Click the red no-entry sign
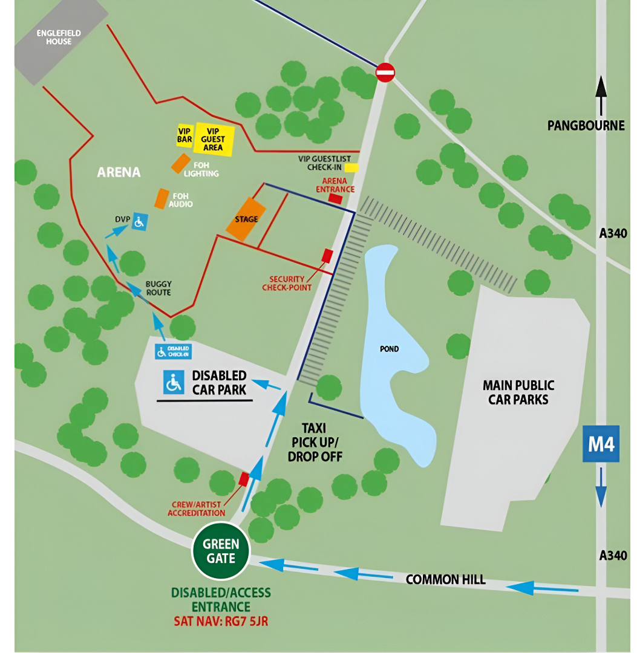[x=385, y=73]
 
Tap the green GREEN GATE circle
[x=221, y=551]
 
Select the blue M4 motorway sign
[x=601, y=444]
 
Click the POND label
[x=390, y=349]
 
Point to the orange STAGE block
[x=246, y=219]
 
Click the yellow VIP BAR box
[x=185, y=135]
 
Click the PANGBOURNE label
[x=586, y=126]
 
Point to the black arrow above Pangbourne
[x=600, y=95]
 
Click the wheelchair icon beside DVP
[x=139, y=222]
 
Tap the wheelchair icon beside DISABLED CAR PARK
[x=174, y=382]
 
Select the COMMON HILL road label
[x=445, y=579]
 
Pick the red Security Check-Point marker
[x=327, y=255]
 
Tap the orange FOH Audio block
[x=162, y=199]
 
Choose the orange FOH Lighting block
[x=180, y=163]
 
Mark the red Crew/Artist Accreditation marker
[x=244, y=478]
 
